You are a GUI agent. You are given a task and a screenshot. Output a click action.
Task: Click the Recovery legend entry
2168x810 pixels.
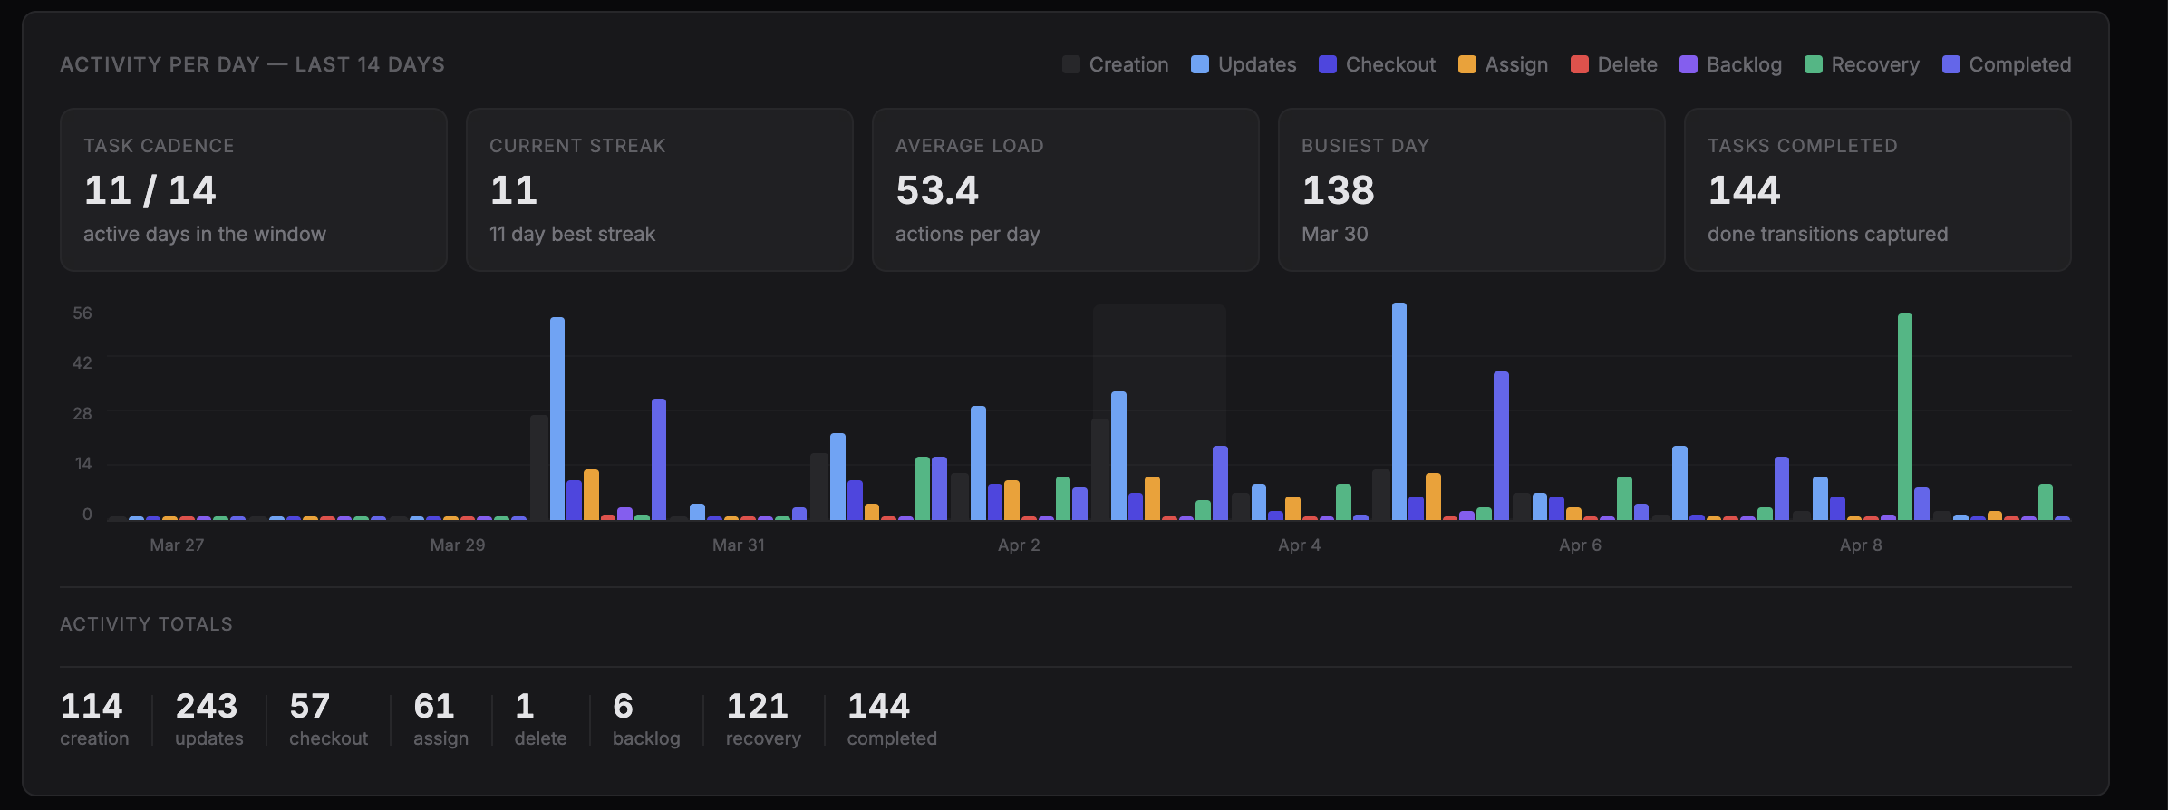click(x=1863, y=64)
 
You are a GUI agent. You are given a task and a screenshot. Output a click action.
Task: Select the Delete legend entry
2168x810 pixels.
click(x=1614, y=64)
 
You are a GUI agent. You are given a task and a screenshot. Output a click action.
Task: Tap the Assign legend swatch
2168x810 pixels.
click(x=1466, y=64)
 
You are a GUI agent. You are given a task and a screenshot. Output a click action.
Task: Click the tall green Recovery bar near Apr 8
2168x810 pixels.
click(x=1904, y=417)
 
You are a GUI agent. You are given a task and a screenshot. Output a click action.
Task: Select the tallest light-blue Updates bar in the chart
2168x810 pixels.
click(x=1399, y=411)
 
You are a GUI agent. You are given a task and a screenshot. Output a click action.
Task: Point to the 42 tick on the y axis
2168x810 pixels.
click(x=82, y=362)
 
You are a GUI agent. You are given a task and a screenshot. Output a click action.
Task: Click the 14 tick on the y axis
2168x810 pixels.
click(x=82, y=464)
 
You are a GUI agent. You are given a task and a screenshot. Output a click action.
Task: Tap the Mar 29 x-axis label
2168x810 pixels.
click(x=457, y=545)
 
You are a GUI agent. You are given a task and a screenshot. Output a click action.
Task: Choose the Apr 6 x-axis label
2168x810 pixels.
click(x=1580, y=545)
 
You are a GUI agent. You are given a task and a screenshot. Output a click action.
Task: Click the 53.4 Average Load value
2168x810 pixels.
click(x=937, y=190)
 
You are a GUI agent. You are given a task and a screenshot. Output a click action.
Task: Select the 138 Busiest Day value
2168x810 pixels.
click(x=1338, y=190)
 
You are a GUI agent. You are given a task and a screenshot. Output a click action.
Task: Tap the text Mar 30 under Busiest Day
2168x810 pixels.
click(x=1334, y=234)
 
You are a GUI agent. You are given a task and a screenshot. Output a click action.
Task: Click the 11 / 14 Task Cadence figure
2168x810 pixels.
click(x=150, y=190)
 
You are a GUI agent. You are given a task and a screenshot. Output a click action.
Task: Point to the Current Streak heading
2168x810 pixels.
click(x=577, y=146)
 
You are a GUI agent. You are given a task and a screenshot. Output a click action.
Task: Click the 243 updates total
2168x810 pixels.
click(x=207, y=706)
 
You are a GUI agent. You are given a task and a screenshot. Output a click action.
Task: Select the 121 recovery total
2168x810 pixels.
click(x=757, y=706)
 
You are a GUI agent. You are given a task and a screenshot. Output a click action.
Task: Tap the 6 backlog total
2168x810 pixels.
click(x=623, y=706)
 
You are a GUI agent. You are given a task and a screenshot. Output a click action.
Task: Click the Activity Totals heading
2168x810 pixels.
click(x=146, y=624)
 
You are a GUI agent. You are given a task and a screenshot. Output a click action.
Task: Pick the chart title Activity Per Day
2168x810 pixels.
click(x=252, y=64)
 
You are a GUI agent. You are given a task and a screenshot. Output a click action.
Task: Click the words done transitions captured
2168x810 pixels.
click(x=1827, y=234)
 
